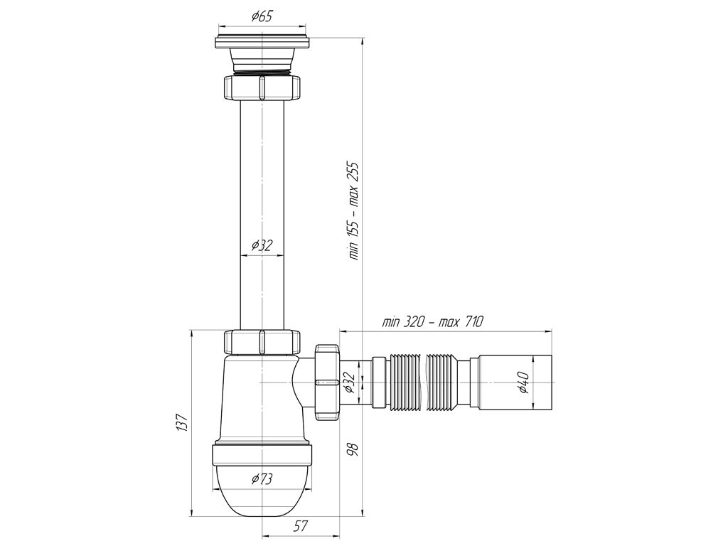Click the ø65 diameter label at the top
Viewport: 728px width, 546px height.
262,16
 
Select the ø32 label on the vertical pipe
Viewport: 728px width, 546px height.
262,245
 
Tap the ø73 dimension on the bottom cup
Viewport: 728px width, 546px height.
262,478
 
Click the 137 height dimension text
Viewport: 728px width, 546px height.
182,422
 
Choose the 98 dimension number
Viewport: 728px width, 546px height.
353,449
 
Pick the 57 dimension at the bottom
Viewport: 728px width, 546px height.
301,527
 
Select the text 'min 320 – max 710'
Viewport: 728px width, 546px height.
433,321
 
